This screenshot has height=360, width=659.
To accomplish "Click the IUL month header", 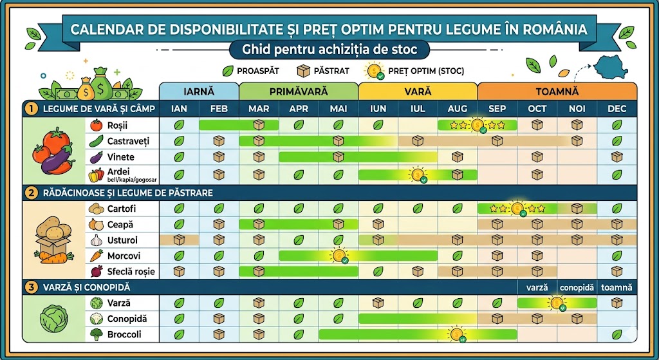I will pyautogui.click(x=418, y=109).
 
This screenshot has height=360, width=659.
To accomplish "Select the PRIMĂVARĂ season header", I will pyautogui.click(x=298, y=92).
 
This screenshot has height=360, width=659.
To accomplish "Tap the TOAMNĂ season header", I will pyautogui.click(x=557, y=92).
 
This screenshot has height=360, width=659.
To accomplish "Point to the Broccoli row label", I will pyautogui.click(x=124, y=335).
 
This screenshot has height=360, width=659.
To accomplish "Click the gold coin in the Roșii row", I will pyautogui.click(x=478, y=126).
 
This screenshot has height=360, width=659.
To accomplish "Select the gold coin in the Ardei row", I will pyautogui.click(x=418, y=175).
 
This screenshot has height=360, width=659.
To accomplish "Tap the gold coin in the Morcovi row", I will pyautogui.click(x=339, y=256).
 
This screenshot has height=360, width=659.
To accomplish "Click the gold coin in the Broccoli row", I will pyautogui.click(x=458, y=334).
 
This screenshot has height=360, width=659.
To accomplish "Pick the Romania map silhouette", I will pyautogui.click(x=618, y=67).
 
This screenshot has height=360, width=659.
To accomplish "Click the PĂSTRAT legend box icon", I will pyautogui.click(x=302, y=71).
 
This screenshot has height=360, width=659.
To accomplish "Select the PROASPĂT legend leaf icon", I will pyautogui.click(x=227, y=71).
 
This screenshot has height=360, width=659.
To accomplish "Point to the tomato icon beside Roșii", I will pyautogui.click(x=96, y=125).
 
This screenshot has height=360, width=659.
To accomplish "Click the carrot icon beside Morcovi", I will pyautogui.click(x=96, y=256).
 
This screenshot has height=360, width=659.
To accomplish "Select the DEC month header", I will pyautogui.click(x=617, y=109).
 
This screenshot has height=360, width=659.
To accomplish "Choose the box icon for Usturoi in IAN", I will pyautogui.click(x=180, y=240).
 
